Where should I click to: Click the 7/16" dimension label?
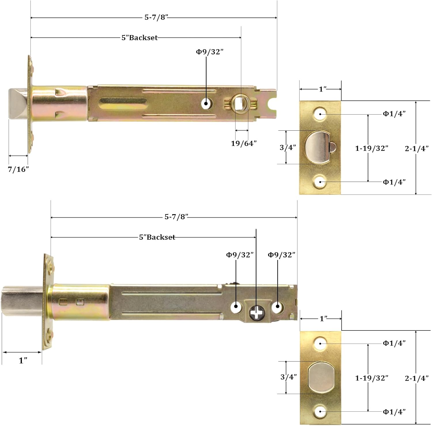click(18, 169)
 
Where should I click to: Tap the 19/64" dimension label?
click(244, 143)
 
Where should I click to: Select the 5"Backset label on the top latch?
click(140, 38)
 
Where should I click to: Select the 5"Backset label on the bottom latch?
click(157, 237)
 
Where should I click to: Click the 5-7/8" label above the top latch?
click(156, 17)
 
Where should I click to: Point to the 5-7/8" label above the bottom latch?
click(176, 217)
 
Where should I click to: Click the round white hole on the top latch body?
click(206, 104)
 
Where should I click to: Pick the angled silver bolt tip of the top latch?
click(18, 104)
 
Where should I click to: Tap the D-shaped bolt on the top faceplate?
click(317, 147)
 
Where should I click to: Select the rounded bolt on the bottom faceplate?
click(321, 377)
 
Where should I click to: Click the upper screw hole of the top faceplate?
click(320, 114)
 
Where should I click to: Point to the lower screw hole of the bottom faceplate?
click(320, 412)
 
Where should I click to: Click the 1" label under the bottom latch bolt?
click(23, 360)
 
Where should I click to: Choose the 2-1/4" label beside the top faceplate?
click(416, 149)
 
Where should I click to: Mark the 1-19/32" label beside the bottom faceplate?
click(372, 378)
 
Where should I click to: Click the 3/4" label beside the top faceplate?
click(288, 147)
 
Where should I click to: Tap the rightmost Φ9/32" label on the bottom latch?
click(281, 255)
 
